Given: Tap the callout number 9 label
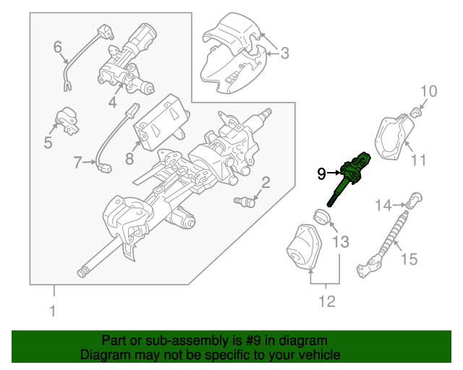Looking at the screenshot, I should pos(322,173).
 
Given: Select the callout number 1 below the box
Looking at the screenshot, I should pos(51,311).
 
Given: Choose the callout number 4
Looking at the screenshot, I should pos(112,103).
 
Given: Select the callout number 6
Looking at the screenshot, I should pos(58,48).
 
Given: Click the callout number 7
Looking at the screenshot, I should pos(78,163).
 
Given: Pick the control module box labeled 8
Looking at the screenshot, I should pos(161,120).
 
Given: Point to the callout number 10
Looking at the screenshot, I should pos(429,91).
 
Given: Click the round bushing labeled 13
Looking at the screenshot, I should pos(320,216).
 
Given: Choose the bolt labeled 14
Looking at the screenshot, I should pos(414,200).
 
